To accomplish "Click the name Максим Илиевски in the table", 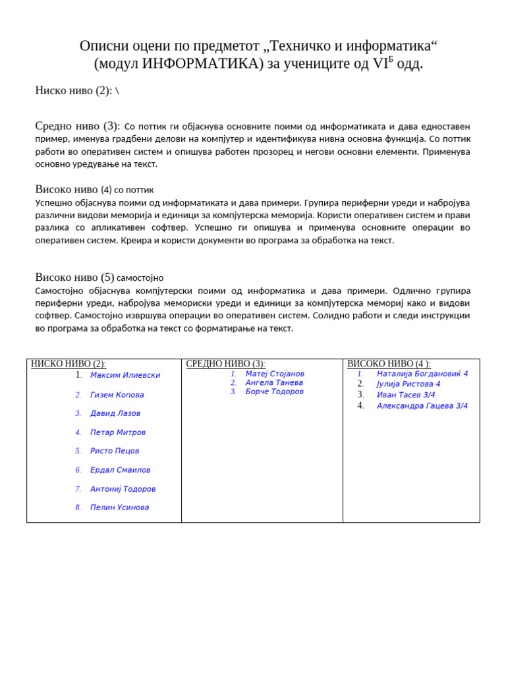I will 125,375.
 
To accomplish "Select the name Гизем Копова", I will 117,395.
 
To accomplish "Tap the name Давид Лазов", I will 115,413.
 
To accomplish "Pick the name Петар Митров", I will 118,432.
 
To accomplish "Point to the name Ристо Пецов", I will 115,451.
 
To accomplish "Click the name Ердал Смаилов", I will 120,470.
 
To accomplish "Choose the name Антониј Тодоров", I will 123,489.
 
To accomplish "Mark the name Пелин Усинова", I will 119,508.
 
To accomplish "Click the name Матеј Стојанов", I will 275,374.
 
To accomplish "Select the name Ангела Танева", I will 274,382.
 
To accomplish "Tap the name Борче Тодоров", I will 275,392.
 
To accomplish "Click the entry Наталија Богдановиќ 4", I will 422,374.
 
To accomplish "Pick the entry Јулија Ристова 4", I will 408,384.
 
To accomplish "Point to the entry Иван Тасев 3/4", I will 406,395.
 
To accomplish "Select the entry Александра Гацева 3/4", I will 422,406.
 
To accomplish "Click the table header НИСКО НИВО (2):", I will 69,364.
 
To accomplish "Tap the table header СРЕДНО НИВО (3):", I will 226,364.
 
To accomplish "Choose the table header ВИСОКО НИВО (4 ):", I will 389,364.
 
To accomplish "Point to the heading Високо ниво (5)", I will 74,278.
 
